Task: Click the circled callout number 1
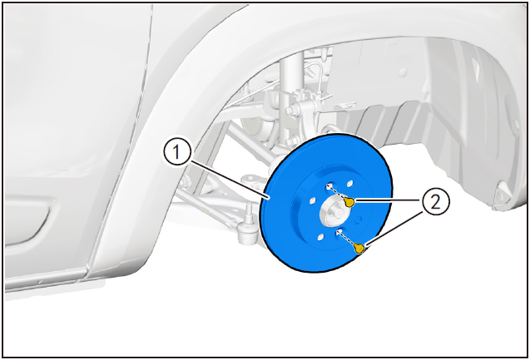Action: (177, 153)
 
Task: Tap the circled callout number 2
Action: (436, 202)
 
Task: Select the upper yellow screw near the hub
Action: (349, 202)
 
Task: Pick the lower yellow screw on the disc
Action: (359, 249)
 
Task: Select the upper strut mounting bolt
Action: (290, 110)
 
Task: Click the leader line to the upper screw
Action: (388, 201)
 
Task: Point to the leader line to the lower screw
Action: (394, 228)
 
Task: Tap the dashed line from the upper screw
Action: (337, 193)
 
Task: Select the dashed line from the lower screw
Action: (347, 239)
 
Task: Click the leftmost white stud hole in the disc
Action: (312, 200)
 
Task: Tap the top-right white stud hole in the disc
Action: (349, 183)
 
